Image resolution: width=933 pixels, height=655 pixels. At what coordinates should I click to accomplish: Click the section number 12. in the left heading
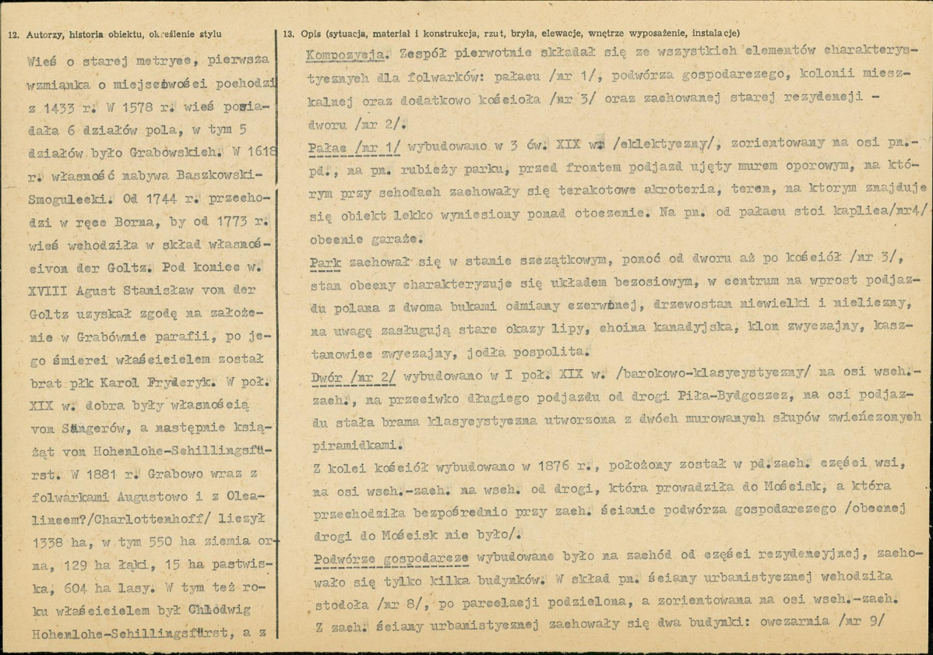[x=13, y=33]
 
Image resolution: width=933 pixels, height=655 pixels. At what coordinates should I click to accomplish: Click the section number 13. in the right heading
[x=289, y=33]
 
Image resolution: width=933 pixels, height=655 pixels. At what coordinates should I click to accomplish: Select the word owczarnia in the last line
[x=776, y=623]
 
